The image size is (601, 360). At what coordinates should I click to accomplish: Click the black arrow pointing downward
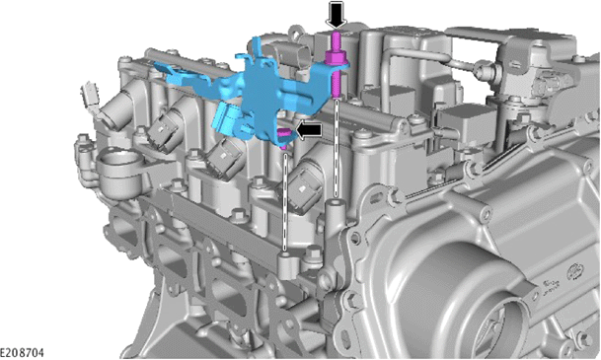[x=337, y=15]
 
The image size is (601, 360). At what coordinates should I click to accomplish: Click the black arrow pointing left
[x=309, y=130]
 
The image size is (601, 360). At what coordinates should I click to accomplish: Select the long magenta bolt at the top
[x=337, y=65]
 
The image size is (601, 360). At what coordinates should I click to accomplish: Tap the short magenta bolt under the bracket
[x=283, y=138]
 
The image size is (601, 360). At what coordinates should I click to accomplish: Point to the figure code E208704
[x=22, y=352]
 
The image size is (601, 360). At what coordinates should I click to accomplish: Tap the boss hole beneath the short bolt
[x=284, y=253]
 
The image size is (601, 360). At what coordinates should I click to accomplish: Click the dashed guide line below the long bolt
[x=337, y=148]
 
